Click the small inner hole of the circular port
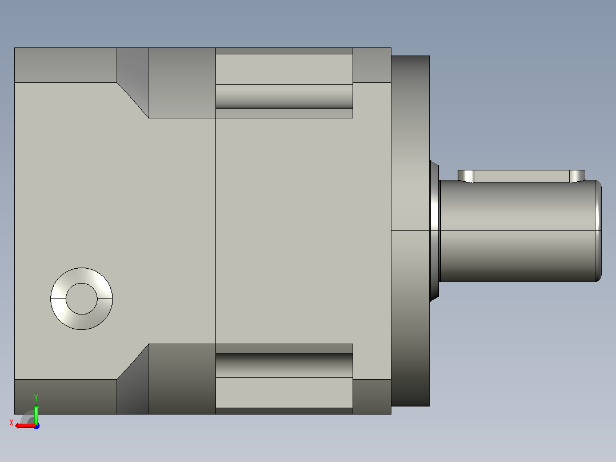coord(81,298)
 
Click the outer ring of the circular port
coord(58,298)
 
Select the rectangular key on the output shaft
coord(521,176)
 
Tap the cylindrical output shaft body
coord(519,231)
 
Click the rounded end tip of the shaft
coord(599,231)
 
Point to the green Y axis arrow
coord(36,409)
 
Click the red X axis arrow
coord(25,425)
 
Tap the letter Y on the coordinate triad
coord(36,397)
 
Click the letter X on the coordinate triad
coord(11,423)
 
